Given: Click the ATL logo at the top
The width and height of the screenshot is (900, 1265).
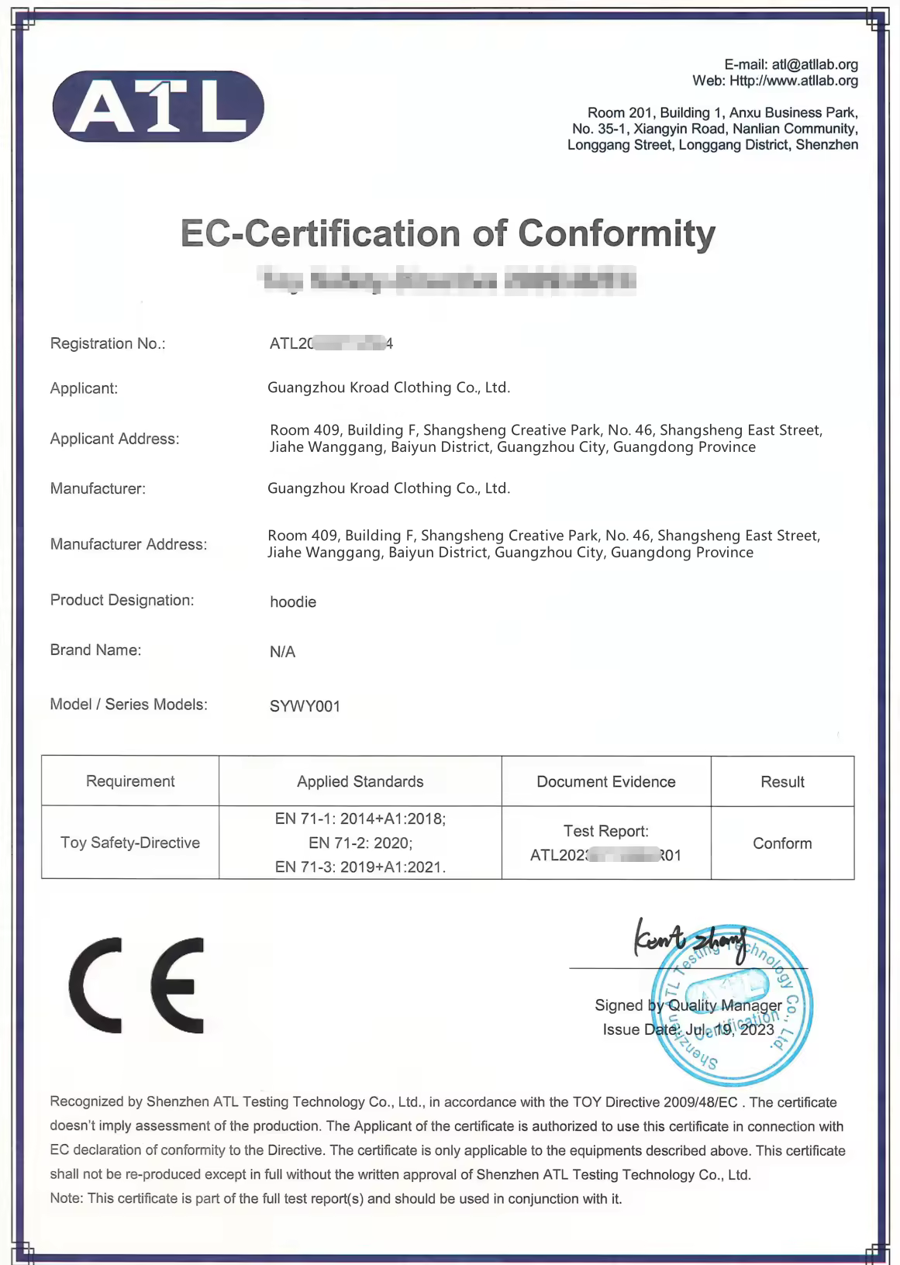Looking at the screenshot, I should (158, 106).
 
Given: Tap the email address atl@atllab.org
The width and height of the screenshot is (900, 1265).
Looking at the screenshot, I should (815, 64).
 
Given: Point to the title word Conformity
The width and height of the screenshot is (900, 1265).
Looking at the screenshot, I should (616, 233).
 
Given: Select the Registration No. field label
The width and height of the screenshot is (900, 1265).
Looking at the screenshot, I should (108, 343).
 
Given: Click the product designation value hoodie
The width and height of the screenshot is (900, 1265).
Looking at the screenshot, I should (293, 602).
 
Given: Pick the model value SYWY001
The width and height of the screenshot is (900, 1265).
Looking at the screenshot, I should (305, 706).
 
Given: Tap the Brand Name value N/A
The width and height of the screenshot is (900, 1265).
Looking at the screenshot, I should (282, 652).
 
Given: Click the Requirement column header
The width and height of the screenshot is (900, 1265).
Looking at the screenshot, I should (130, 781).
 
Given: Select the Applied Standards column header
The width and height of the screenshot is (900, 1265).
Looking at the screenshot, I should (360, 781).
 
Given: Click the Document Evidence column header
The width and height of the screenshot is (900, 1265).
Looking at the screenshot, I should (605, 781).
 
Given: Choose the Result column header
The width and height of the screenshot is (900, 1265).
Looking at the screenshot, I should (782, 781).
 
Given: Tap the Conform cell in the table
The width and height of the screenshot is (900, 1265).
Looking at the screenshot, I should (782, 843).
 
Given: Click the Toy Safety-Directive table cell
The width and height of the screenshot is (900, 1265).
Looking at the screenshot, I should (130, 843).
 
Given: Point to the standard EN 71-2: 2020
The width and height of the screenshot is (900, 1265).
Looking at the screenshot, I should (360, 843).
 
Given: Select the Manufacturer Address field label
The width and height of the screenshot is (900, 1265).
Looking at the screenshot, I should (129, 544).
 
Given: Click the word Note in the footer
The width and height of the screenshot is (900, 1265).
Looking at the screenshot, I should (65, 1198).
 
